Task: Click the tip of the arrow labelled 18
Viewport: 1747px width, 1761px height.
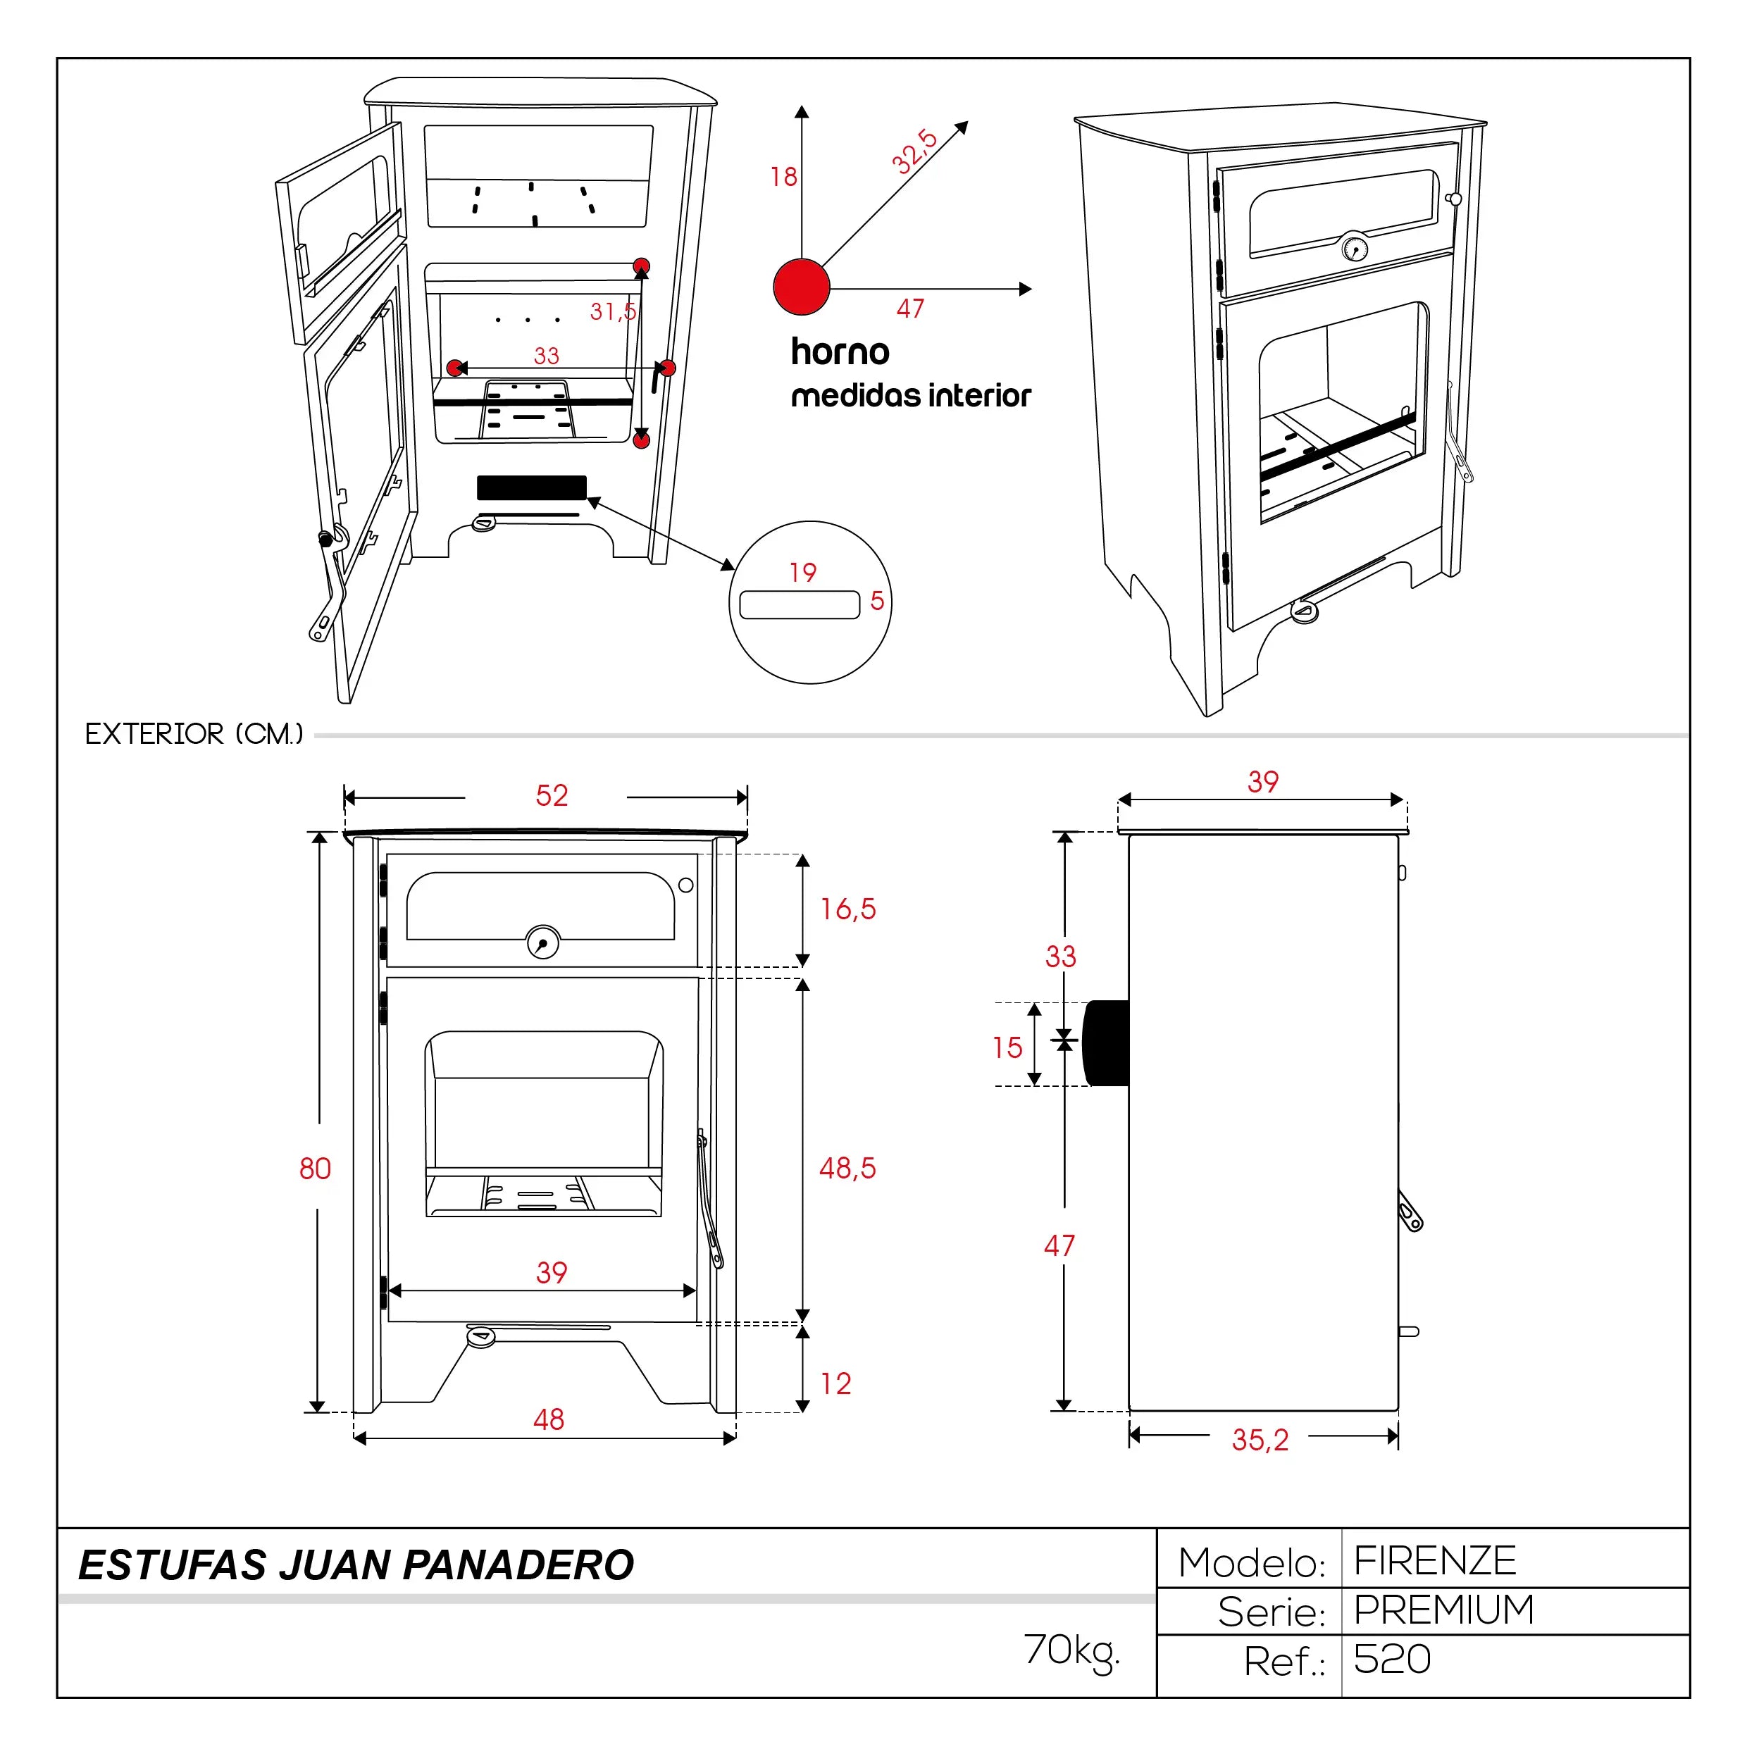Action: pyautogui.click(x=801, y=106)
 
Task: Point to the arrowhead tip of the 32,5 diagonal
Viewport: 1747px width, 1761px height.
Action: pyautogui.click(x=968, y=121)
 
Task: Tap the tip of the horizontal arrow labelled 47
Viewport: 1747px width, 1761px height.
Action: pyautogui.click(x=1031, y=289)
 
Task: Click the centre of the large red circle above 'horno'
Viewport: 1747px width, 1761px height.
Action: pyautogui.click(x=801, y=287)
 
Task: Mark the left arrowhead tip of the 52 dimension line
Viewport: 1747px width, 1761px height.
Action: pyautogui.click(x=344, y=797)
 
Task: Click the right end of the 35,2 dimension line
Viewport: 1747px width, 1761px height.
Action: pyautogui.click(x=1398, y=1436)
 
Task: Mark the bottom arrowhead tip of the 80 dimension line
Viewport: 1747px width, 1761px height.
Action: pyautogui.click(x=316, y=1412)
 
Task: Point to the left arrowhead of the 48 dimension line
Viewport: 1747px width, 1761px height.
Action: pyautogui.click(x=354, y=1438)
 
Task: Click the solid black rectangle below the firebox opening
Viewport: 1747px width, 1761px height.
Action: pyautogui.click(x=531, y=487)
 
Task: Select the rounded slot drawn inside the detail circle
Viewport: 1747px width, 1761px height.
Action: pyautogui.click(x=800, y=605)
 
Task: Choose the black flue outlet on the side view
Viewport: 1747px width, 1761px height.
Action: pyautogui.click(x=1105, y=1043)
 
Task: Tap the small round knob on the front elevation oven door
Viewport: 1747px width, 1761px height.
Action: pyautogui.click(x=686, y=885)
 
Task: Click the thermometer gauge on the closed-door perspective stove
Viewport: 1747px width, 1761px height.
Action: pyautogui.click(x=1355, y=248)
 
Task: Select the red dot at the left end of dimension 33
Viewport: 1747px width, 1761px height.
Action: pyautogui.click(x=455, y=368)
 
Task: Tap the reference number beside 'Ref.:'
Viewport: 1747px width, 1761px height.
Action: pyautogui.click(x=1391, y=1659)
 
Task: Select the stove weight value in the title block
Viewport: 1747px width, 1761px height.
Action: pyautogui.click(x=1071, y=1652)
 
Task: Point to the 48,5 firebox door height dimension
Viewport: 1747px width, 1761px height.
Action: pyautogui.click(x=847, y=1168)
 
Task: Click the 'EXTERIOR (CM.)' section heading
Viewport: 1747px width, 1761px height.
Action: pyautogui.click(x=194, y=734)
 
